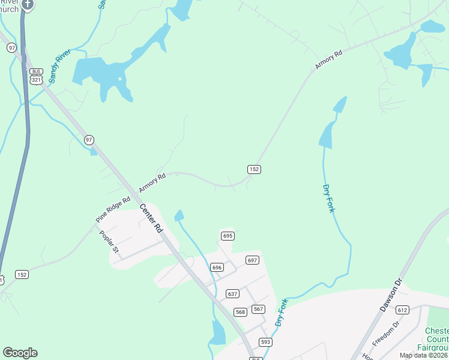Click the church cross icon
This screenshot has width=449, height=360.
(x=28, y=4)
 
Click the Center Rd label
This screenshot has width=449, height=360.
(x=152, y=219)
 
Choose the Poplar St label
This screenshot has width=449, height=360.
(x=109, y=243)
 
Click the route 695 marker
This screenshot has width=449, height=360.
(x=227, y=236)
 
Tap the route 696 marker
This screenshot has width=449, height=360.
(x=217, y=267)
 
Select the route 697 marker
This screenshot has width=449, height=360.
(x=252, y=260)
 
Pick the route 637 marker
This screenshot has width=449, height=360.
(x=233, y=293)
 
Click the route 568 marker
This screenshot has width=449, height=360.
(x=240, y=311)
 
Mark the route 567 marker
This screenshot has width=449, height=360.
(x=258, y=308)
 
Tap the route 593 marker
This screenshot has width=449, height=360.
(x=265, y=341)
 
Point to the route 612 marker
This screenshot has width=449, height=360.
(x=402, y=310)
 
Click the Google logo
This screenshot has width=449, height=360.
(x=20, y=353)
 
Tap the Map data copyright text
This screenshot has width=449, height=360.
(x=424, y=355)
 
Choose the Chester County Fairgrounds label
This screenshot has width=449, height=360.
(x=436, y=339)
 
